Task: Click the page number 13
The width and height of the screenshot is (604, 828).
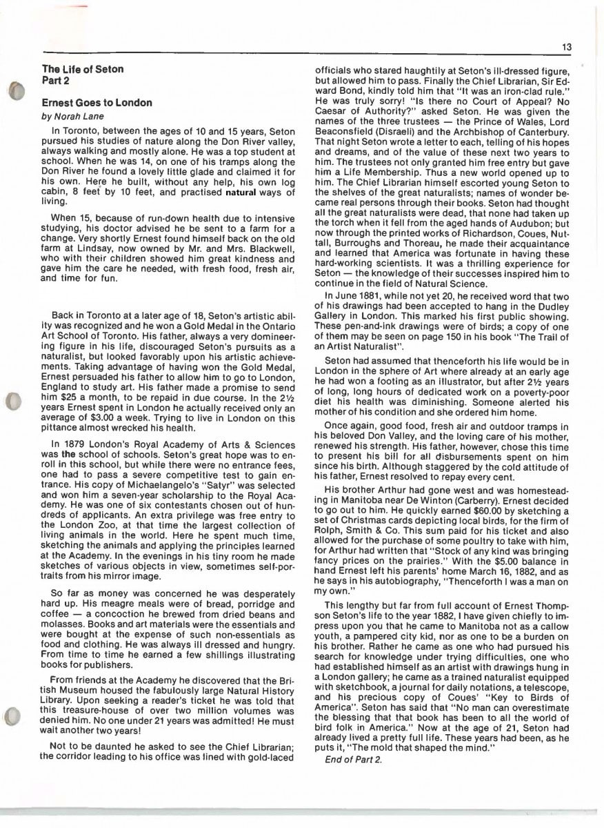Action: click(x=566, y=47)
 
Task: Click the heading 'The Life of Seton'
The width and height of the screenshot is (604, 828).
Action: click(x=83, y=69)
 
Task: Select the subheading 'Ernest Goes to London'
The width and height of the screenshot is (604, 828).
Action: click(x=97, y=103)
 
